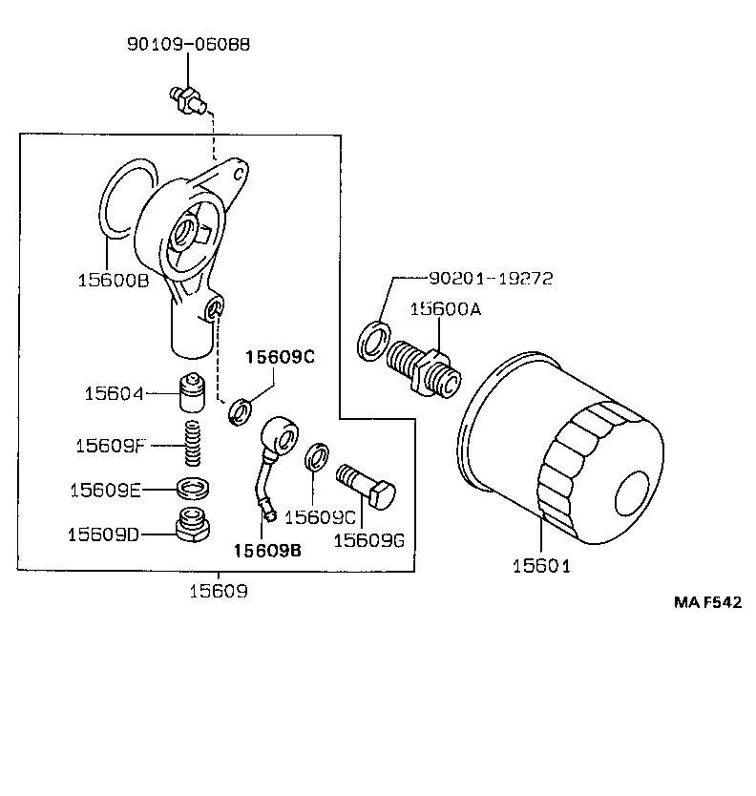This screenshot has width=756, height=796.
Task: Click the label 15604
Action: coord(113,393)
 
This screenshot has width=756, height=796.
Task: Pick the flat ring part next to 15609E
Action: coord(194,490)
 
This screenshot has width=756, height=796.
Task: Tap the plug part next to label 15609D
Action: coord(194,525)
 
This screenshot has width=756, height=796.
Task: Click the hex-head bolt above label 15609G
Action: coord(367,485)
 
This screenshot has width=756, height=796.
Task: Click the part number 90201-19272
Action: coord(491,279)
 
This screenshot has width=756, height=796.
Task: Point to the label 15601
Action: coord(540,565)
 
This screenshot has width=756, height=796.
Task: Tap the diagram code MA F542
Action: coord(707,603)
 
